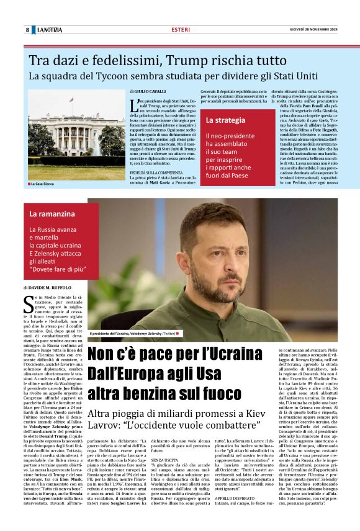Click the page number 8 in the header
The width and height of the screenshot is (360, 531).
pos(27,30)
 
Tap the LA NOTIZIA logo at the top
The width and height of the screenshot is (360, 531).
pos(50,30)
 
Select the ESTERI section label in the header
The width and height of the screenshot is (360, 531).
pos(181,30)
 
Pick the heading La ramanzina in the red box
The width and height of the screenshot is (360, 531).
pos(52,213)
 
